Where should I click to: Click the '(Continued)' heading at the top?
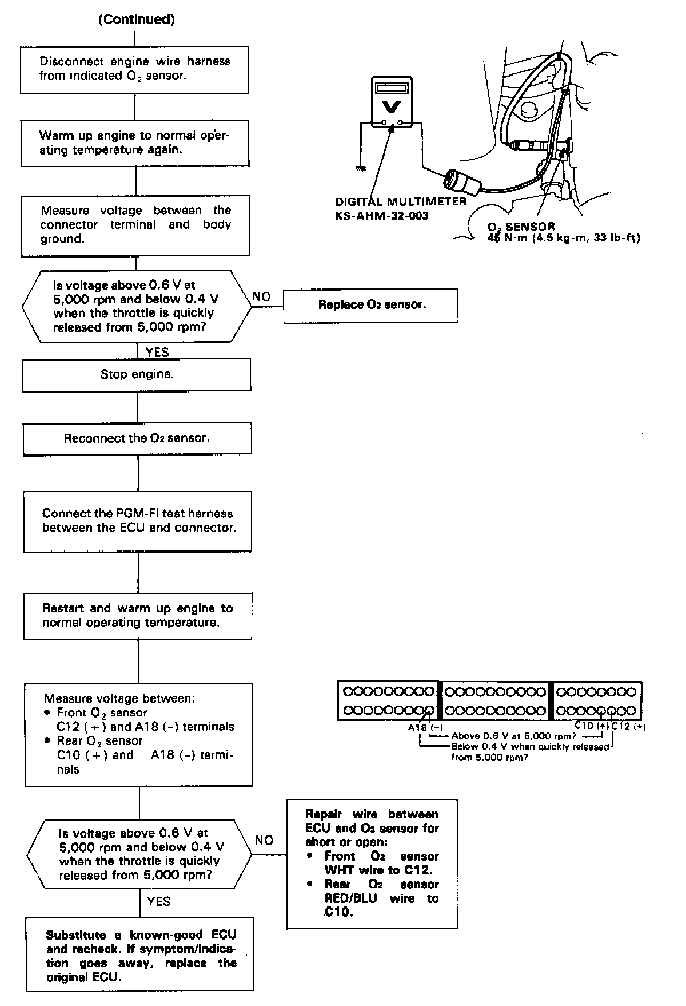(x=137, y=19)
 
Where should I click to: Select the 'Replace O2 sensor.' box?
(x=370, y=305)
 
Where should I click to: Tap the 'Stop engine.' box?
(x=137, y=375)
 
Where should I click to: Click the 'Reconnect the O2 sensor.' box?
(x=137, y=438)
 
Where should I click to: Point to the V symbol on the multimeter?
(x=392, y=106)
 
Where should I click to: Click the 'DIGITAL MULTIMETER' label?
(x=400, y=202)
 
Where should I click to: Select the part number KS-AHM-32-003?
(x=381, y=216)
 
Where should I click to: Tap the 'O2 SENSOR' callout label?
(x=521, y=227)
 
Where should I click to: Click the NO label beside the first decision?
(x=261, y=296)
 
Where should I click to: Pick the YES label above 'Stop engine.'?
(x=157, y=352)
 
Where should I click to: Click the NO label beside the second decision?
(x=264, y=840)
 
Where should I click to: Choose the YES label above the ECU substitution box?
(x=158, y=902)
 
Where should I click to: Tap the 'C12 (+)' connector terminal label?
(x=628, y=727)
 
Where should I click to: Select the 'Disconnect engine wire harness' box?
(x=134, y=69)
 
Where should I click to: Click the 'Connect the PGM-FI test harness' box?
(x=138, y=521)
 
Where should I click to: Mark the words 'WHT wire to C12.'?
(x=378, y=870)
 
